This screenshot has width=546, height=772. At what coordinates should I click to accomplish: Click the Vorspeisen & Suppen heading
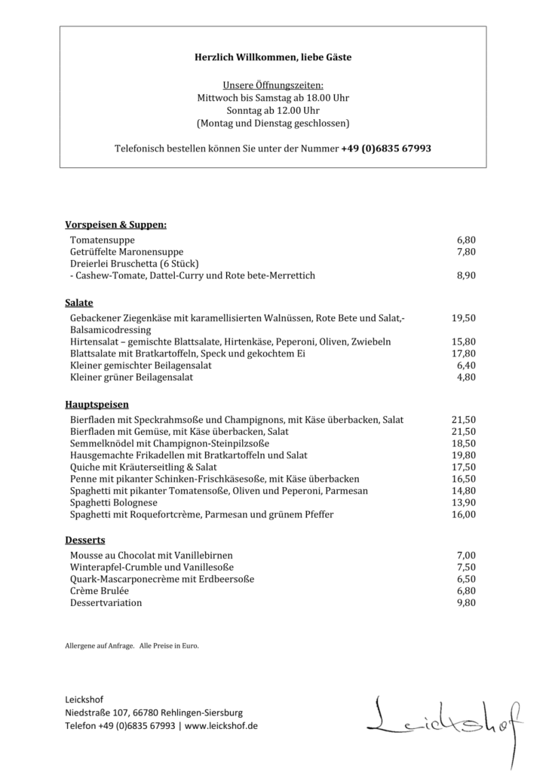pos(115,225)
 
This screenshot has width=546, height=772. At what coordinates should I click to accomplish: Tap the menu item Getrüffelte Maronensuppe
pos(127,252)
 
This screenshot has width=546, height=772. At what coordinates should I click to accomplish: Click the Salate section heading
pos(79,302)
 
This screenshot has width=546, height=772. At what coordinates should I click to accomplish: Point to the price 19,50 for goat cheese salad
pos(463,318)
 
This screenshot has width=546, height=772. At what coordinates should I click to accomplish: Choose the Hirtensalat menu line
pos(230,342)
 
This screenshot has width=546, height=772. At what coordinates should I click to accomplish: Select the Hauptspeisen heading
pos(97,404)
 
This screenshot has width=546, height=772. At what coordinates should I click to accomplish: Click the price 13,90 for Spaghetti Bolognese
pos(463,503)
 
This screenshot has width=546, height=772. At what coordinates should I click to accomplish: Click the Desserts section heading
pos(84,540)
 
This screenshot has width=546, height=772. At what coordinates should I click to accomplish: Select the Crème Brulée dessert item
pos(99,591)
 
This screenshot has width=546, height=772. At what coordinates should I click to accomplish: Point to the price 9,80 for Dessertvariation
pos(465,603)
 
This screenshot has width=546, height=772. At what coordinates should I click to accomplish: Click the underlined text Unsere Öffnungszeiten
pos(273,86)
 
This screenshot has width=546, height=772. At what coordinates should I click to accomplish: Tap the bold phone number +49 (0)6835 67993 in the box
pos(386,149)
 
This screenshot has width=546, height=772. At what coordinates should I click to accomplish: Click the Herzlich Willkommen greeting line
pos(273,57)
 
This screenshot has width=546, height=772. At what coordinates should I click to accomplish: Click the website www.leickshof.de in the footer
pos(221,725)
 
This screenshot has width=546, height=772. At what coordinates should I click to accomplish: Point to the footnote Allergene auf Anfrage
pos(100,645)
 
